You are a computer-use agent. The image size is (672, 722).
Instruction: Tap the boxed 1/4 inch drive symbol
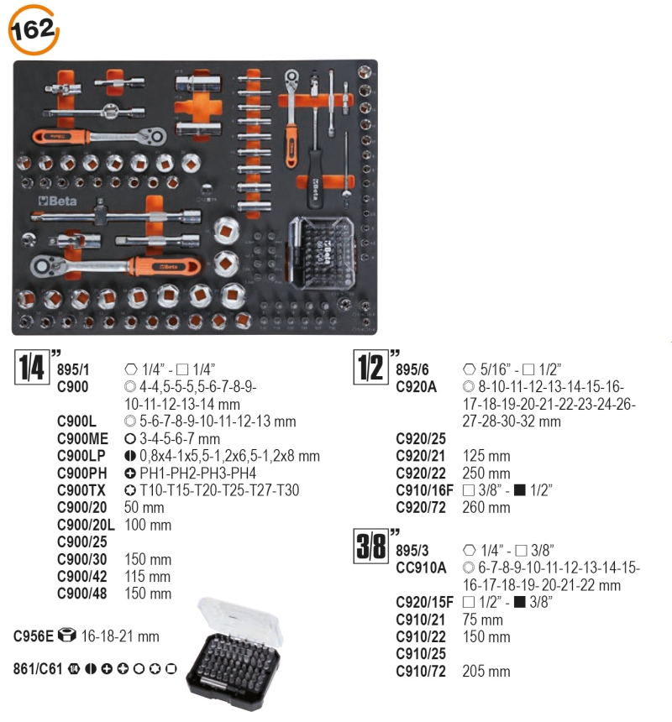[x=32, y=367]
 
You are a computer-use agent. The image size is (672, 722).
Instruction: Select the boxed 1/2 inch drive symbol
[x=370, y=367]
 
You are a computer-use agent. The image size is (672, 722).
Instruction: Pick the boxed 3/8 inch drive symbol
[x=370, y=546]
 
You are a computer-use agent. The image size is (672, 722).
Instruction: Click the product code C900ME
[x=83, y=438]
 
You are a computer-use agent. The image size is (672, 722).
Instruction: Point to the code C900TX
[x=81, y=490]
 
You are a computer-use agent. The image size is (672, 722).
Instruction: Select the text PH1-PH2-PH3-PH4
[x=198, y=473]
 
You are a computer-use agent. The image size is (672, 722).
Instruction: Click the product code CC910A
[x=421, y=568]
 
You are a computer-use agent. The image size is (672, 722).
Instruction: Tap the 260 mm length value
[x=486, y=507]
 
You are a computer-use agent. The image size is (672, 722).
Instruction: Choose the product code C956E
[x=34, y=636]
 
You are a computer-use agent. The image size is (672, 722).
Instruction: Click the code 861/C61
[x=38, y=668]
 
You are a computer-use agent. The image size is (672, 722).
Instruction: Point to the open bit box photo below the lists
[x=235, y=654]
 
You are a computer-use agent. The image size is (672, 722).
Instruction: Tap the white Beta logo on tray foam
[x=58, y=201]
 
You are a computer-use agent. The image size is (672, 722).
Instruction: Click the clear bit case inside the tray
[x=322, y=253]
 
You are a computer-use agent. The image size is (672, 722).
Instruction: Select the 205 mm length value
[x=486, y=671]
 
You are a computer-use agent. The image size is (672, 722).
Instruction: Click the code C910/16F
[x=425, y=490]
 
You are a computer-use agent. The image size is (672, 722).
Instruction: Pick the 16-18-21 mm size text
[x=120, y=636]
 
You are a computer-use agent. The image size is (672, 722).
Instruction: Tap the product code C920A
[x=417, y=387]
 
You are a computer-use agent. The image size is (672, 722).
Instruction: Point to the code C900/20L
[x=87, y=525]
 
